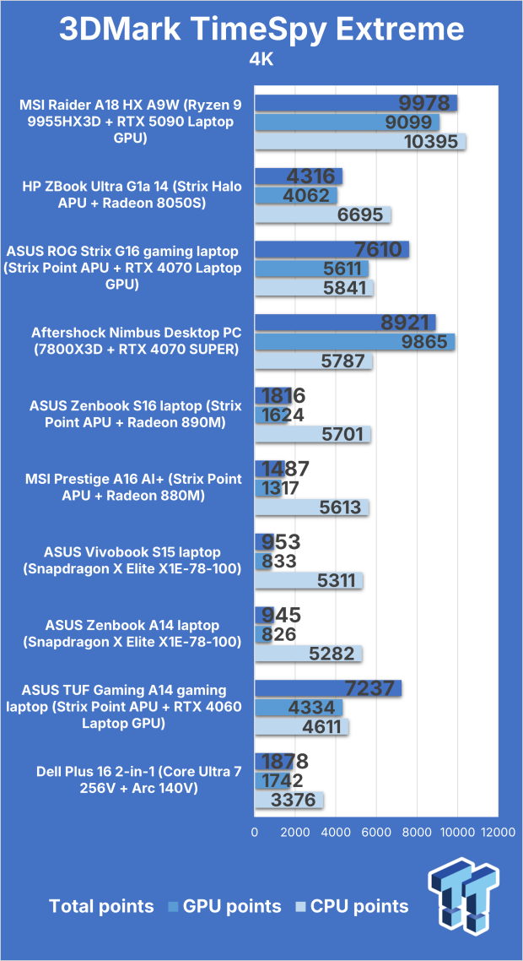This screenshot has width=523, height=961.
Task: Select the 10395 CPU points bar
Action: pyautogui.click(x=360, y=142)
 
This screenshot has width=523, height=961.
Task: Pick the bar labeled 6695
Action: pyautogui.click(x=322, y=215)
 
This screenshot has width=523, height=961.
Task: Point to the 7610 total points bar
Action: pyautogui.click(x=332, y=249)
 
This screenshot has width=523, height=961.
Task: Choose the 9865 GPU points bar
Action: pyautogui.click(x=354, y=342)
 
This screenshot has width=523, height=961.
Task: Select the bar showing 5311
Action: pyautogui.click(x=308, y=580)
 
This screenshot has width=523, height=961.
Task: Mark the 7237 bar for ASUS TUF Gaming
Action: pyautogui.click(x=327, y=689)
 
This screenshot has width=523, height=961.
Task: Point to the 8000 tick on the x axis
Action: pyautogui.click(x=417, y=833)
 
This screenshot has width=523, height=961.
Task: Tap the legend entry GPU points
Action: pyautogui.click(x=224, y=906)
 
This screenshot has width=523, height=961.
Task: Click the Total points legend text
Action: pyautogui.click(x=101, y=906)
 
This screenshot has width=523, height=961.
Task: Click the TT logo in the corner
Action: pyautogui.click(x=464, y=902)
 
